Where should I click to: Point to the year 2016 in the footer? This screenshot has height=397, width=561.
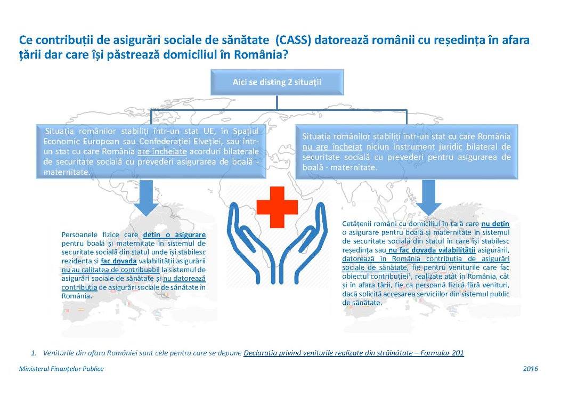coord(530,369)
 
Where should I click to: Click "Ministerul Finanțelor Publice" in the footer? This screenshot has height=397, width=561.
coord(61,369)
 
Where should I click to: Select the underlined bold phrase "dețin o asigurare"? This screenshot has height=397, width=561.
coord(174,234)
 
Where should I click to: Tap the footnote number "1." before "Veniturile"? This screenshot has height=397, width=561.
coord(34,353)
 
